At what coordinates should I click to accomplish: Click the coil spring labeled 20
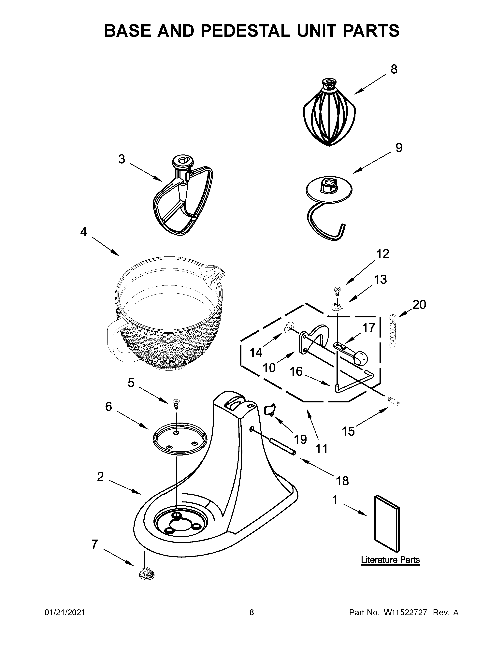393,331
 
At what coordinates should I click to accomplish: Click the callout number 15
348,431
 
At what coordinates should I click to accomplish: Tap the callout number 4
83,232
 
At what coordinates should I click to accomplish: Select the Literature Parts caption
390,560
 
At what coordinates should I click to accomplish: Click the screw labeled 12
337,290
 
